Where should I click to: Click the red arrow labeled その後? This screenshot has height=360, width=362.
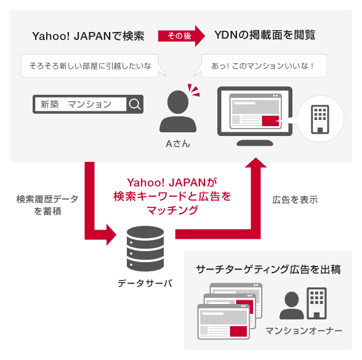coord(182,36)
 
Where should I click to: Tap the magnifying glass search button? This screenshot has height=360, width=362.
coord(135,104)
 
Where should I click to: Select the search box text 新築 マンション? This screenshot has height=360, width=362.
coord(76,105)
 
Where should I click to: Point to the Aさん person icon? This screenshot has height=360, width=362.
coord(178,111)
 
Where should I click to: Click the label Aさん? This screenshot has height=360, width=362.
coord(178,144)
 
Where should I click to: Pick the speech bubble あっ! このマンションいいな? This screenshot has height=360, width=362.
coord(262,66)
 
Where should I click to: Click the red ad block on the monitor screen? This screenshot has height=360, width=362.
coord(270,121)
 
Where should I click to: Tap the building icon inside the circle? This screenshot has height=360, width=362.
coord(320,119)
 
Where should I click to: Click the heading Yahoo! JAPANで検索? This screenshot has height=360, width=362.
coord(88,36)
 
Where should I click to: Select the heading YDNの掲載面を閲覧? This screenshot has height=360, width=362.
coord(265,35)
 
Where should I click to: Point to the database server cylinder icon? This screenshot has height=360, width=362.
coord(145,249)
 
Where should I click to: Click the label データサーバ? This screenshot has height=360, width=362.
coord(145,283)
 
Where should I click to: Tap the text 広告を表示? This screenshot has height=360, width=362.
coord(295,199)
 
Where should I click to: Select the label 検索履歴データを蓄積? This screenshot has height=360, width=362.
coord(47,205)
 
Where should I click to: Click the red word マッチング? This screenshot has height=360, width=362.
coord(172,210)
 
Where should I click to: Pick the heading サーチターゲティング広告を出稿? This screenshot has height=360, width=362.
coord(268,270)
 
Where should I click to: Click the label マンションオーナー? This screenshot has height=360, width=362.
coord(304,330)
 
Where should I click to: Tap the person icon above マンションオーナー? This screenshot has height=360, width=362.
coord(292,305)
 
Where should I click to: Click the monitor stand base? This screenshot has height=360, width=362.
coord(255,143)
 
